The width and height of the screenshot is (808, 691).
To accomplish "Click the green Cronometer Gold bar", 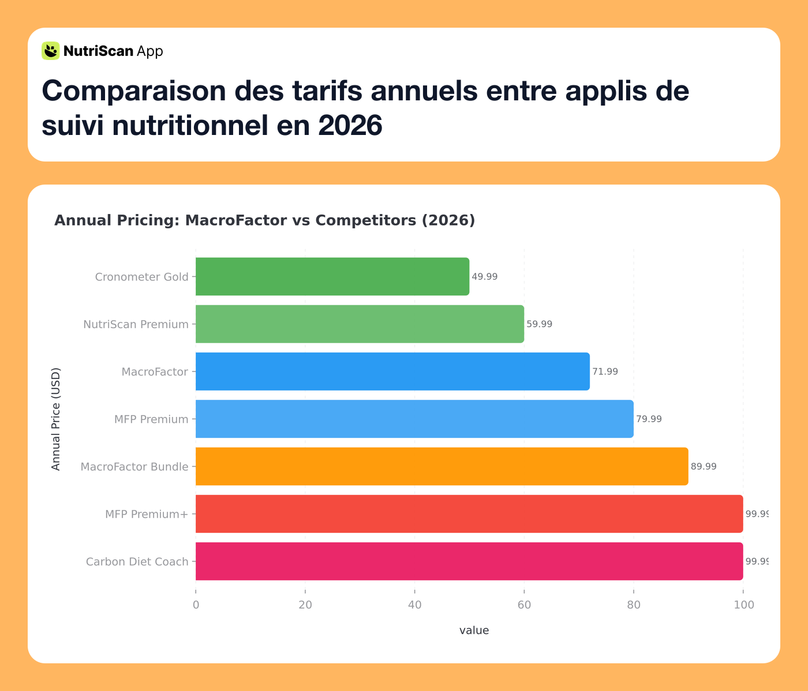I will tap(332, 276).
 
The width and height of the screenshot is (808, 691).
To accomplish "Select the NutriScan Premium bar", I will tap(360, 324).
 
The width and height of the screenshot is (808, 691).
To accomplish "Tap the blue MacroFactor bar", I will tap(392, 371).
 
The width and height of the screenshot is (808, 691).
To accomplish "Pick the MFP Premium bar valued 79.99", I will tap(414, 419).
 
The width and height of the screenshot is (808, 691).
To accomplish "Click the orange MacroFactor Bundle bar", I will tap(442, 466).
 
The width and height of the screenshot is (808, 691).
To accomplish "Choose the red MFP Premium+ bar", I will tap(469, 514).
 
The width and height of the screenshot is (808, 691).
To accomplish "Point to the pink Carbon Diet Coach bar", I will tap(469, 561).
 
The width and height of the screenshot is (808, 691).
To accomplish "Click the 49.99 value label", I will tap(484, 277).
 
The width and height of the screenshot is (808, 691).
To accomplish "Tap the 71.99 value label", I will tap(605, 372).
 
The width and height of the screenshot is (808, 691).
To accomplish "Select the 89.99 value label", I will tap(704, 467).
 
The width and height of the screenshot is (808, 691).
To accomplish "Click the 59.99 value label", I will tap(539, 324).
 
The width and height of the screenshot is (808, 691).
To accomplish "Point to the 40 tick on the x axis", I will tap(414, 605).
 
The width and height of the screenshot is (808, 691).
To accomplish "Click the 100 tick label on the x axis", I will tap(743, 605).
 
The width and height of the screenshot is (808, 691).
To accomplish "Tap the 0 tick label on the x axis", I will tap(196, 605).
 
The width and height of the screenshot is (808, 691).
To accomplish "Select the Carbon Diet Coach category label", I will tap(137, 562).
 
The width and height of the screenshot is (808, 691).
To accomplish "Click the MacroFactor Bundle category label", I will tap(134, 467).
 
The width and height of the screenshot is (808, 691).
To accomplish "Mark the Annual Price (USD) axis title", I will tap(56, 419).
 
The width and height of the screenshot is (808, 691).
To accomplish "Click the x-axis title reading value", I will tap(474, 630).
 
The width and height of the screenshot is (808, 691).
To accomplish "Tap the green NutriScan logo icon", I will tap(50, 51).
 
